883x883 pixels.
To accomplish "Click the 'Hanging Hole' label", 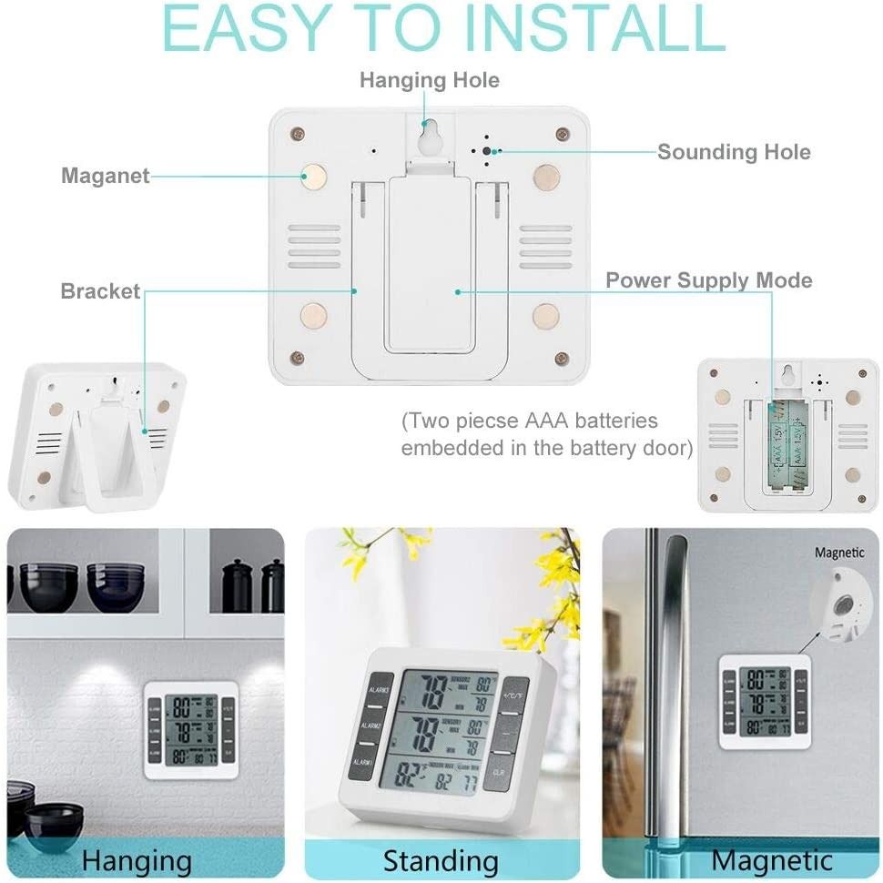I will click(429, 80).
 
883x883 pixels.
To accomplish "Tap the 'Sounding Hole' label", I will click(733, 152).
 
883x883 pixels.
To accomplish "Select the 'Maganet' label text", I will click(105, 176).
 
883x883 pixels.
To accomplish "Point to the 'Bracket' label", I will click(100, 291).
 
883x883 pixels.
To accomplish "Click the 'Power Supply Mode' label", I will click(708, 279).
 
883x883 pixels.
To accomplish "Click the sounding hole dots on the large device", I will click(486, 151).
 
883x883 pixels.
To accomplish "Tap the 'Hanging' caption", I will click(137, 859).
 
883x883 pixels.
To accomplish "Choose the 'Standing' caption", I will click(441, 860).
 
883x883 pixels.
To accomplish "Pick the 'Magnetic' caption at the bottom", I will click(772, 859).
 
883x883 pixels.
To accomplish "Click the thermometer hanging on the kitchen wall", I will click(191, 729).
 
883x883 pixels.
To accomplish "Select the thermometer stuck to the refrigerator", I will click(765, 700).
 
